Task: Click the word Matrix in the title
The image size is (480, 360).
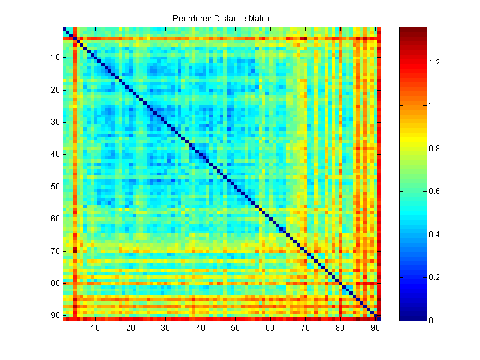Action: [x=257, y=18]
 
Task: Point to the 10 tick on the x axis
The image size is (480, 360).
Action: [x=95, y=327]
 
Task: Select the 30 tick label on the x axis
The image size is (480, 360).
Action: [x=165, y=327]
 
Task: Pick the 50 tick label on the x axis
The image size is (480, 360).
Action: [x=235, y=327]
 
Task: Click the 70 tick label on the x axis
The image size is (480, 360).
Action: [x=305, y=327]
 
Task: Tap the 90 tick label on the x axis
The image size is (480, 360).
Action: [x=375, y=327]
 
